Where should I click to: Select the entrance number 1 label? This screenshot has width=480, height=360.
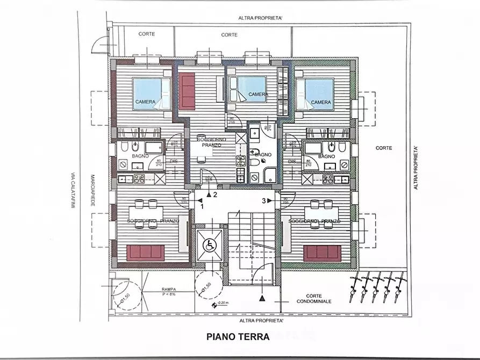click(x=202, y=205)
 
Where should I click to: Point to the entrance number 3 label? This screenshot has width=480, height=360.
click(x=264, y=201)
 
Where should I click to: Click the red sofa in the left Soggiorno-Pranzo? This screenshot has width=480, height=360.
click(x=146, y=253)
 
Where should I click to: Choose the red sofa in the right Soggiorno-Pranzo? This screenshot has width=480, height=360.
click(x=322, y=253)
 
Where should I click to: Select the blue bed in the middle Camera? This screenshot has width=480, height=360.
click(x=250, y=89)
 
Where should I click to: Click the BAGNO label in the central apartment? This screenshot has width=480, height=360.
click(x=263, y=154)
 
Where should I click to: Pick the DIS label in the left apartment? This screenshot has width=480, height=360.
click(x=173, y=161)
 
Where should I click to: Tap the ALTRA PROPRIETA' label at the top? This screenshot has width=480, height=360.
click(x=261, y=18)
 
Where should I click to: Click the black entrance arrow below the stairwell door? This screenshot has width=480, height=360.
click(x=262, y=298)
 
